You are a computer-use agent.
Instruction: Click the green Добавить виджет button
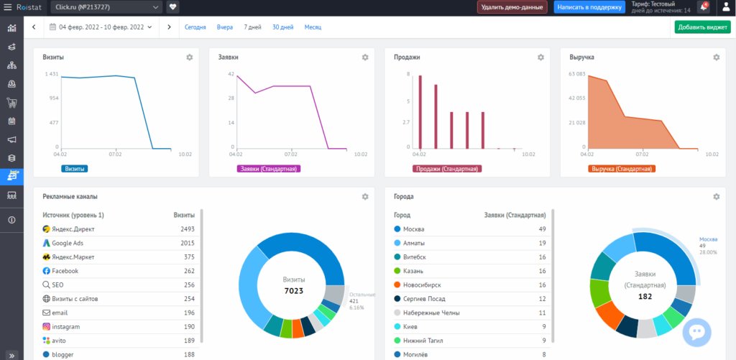pos(702,27)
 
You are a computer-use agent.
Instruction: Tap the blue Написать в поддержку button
pos(589,7)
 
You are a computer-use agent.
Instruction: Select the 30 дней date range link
pos(282,27)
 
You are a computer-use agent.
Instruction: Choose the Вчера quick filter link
pos(224,27)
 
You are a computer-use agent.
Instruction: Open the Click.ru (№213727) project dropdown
pos(107,7)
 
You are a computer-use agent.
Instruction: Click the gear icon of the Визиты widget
pos(190,57)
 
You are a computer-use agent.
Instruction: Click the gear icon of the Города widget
pos(716,196)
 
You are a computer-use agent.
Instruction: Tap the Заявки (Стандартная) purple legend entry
pos(269,169)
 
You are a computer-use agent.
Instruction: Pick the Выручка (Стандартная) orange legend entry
pos(622,169)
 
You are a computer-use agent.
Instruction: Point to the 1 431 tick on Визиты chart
pos(51,74)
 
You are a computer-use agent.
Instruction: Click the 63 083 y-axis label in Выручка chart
pos(577,74)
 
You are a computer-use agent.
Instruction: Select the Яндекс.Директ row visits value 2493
pos(188,229)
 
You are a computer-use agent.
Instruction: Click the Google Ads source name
pos(68,243)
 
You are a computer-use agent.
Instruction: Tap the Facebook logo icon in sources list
pos(46,271)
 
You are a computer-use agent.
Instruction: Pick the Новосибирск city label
pos(423,285)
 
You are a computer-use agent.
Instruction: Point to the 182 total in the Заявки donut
pos(645,296)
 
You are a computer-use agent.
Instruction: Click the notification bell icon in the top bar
pos(703,7)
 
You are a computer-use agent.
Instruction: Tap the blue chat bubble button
pos(696,332)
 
